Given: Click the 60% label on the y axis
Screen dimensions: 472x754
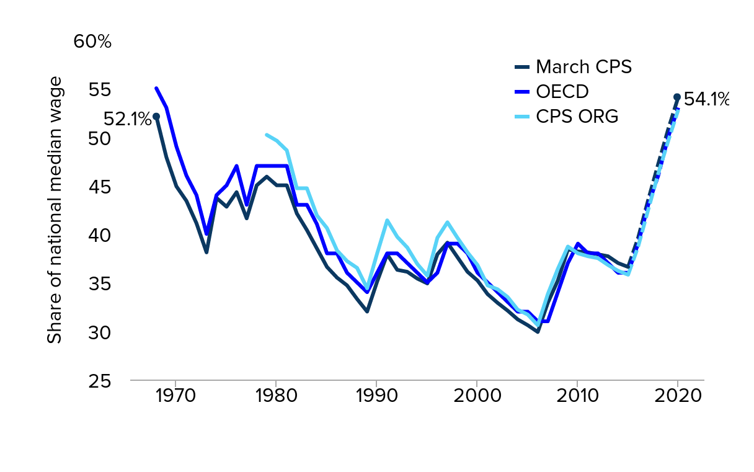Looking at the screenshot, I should click(92, 42).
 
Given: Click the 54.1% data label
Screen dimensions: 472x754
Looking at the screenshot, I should click(706, 99).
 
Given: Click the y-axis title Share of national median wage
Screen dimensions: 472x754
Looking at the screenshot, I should click(55, 210).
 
